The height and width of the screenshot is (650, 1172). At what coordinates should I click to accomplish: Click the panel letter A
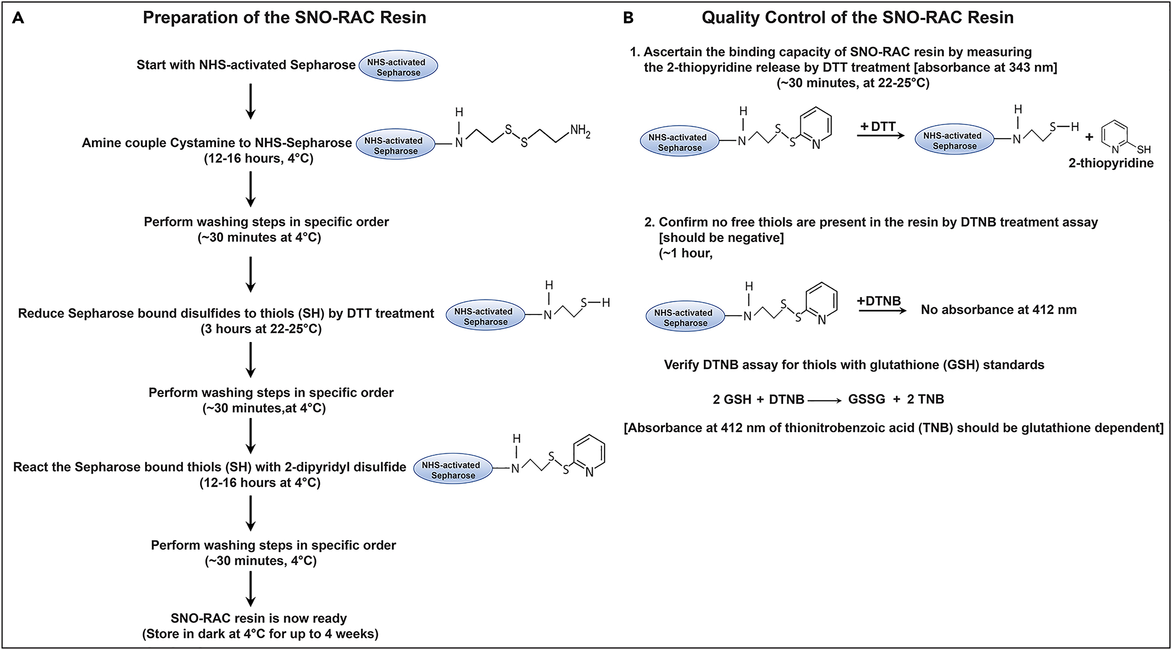click(18, 18)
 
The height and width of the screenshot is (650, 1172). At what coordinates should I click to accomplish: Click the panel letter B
click(628, 18)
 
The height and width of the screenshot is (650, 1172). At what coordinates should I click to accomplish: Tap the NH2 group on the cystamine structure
click(580, 131)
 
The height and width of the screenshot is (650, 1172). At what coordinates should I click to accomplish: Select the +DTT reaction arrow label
click(878, 127)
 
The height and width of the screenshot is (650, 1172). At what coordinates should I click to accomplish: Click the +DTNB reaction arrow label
click(879, 301)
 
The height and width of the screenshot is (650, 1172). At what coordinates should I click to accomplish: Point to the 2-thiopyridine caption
click(1110, 163)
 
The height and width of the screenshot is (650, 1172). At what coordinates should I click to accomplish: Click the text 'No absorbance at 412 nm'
click(999, 310)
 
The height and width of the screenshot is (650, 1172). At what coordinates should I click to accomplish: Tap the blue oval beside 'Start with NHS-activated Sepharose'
click(398, 66)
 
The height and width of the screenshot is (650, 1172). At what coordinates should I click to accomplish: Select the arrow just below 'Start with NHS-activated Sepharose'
click(250, 101)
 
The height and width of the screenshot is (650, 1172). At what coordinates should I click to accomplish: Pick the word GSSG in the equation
click(867, 399)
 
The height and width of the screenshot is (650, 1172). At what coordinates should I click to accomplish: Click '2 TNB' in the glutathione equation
click(926, 399)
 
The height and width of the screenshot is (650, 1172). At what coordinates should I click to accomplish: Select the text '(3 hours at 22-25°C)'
click(261, 329)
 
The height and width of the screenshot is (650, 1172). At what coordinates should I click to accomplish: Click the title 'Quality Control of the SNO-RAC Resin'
click(857, 18)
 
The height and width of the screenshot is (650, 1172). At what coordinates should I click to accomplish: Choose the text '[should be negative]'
click(721, 237)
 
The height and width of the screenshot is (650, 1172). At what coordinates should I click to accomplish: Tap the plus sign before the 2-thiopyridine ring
click(1089, 137)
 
